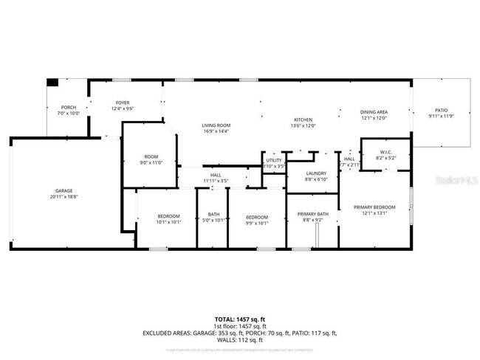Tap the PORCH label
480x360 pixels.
coord(68,108)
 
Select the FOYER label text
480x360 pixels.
coord(123,103)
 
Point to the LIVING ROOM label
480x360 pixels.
coord(216,125)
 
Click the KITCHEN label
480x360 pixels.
coord(304,120)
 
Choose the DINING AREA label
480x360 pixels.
coord(374,112)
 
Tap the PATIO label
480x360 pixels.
coord(441,110)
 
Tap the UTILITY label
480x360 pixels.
coord(274,160)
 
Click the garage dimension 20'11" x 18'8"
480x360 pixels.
coord(63,197)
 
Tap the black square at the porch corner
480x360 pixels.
coord(52,83)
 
